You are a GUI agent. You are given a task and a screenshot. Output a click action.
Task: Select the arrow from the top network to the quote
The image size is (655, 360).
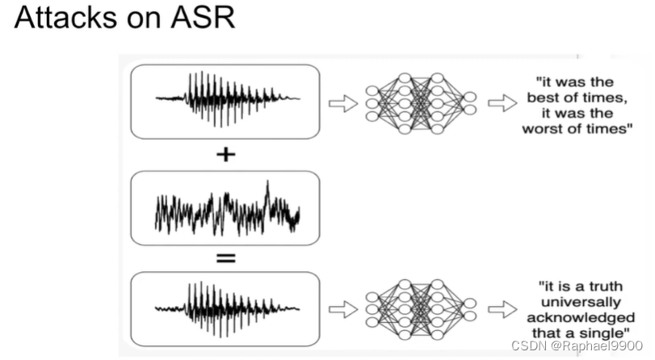tap(502, 103)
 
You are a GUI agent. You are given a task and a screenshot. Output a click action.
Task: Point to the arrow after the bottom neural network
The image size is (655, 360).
tap(502, 308)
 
